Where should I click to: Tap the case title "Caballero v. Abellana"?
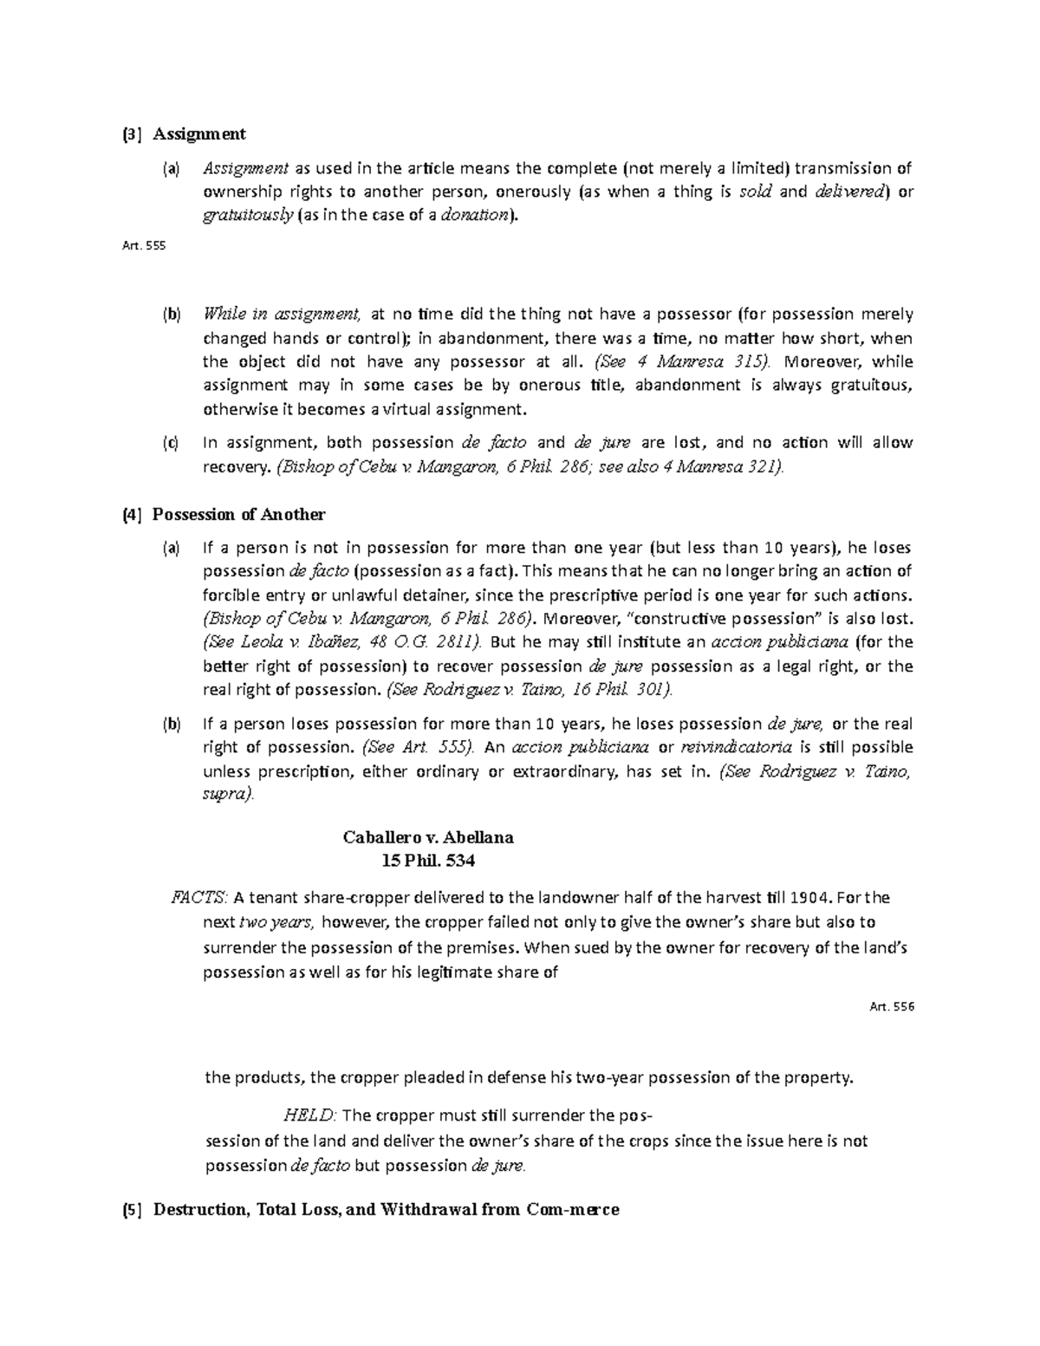pyautogui.click(x=428, y=837)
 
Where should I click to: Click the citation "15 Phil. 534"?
pyautogui.click(x=428, y=862)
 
